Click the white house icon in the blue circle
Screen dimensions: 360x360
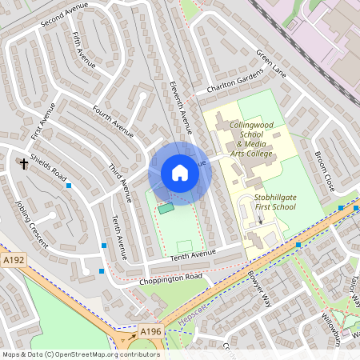point(180,173)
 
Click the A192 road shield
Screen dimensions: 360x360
point(14,260)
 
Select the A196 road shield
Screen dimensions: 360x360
point(150,331)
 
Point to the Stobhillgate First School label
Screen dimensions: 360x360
point(274,202)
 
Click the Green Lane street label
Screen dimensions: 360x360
point(270,63)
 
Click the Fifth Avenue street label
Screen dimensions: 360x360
point(83,50)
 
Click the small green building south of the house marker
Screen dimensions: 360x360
point(166,209)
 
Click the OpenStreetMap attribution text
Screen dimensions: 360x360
point(80,354)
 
